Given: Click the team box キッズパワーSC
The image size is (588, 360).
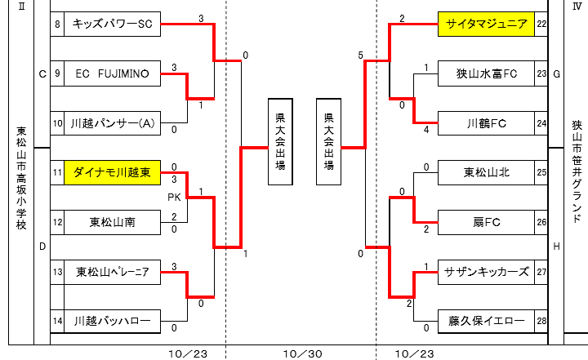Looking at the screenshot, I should pyautogui.click(x=113, y=24).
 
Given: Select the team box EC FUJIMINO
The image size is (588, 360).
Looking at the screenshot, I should pyautogui.click(x=113, y=74).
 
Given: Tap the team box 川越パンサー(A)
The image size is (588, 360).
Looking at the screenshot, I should pyautogui.click(x=113, y=123).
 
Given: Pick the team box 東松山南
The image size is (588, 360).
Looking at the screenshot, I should pyautogui.click(x=113, y=221).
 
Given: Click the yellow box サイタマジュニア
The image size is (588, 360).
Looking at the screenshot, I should pyautogui.click(x=487, y=24).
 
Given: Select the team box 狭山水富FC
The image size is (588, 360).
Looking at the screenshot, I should pyautogui.click(x=487, y=74).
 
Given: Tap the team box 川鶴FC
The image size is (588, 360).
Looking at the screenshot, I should pyautogui.click(x=487, y=123).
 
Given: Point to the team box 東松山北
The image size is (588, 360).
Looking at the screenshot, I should pyautogui.click(x=487, y=172).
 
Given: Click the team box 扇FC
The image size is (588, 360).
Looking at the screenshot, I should pyautogui.click(x=487, y=221).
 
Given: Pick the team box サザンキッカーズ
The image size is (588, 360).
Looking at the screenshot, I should pyautogui.click(x=487, y=272).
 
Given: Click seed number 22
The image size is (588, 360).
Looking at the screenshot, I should pyautogui.click(x=541, y=24).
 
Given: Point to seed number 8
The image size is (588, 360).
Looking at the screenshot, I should pyautogui.click(x=57, y=24).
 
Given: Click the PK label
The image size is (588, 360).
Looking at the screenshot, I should pyautogui.click(x=174, y=197).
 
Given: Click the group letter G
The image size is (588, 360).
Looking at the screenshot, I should pyautogui.click(x=557, y=74).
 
